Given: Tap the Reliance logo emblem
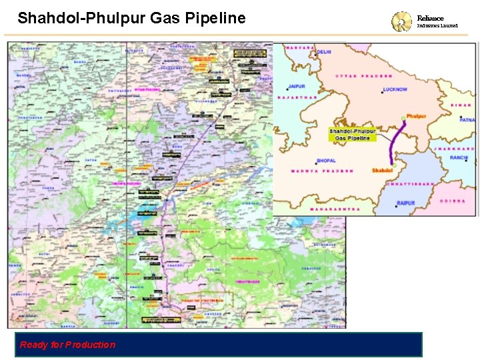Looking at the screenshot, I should [x=401, y=21].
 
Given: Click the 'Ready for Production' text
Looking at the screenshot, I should [x=67, y=345].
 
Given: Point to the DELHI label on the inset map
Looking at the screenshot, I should [x=325, y=51].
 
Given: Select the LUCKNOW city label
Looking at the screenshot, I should [x=395, y=89].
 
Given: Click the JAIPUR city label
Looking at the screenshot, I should [x=297, y=86].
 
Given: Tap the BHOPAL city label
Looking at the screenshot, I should [x=326, y=161].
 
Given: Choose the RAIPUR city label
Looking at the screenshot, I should [x=405, y=203].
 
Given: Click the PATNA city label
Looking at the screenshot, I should [x=467, y=120].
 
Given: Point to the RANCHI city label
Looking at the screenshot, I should [x=459, y=157].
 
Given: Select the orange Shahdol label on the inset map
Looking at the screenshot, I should [x=382, y=171].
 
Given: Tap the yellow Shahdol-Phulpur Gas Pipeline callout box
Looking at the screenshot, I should [x=353, y=134].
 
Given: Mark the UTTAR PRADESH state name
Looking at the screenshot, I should [x=367, y=76].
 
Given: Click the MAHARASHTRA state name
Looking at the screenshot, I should [x=335, y=209].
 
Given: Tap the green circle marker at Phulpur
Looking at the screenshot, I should [x=403, y=118].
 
